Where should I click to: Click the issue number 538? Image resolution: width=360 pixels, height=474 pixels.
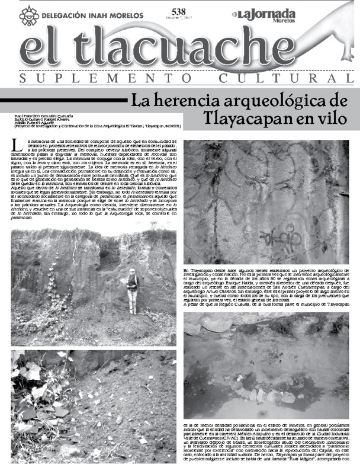(x=178, y=11)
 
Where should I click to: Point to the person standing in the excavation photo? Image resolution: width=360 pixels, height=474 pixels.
(x=132, y=290)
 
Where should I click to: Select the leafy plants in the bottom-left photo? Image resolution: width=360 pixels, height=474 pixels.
(x=36, y=391)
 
